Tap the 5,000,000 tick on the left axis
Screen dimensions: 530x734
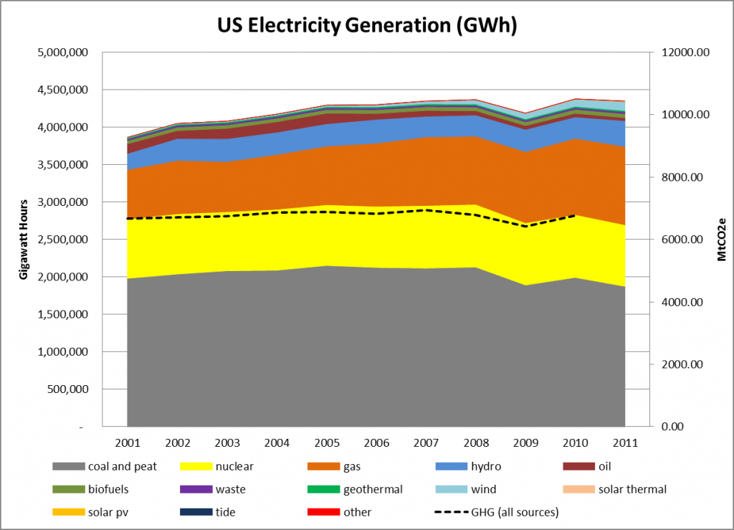62,52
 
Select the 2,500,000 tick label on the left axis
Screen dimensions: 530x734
62,240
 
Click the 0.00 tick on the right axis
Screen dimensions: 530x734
674,427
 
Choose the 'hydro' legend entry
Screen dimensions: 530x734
485,467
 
